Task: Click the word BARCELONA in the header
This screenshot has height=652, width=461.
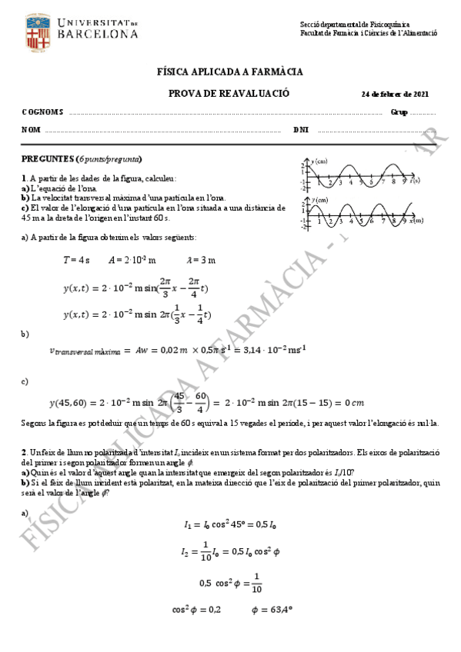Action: point(97,35)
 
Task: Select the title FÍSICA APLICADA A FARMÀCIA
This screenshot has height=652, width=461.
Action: point(229,72)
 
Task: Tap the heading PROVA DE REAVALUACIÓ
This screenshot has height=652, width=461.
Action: point(229,93)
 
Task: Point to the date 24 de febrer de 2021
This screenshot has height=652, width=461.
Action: point(395,95)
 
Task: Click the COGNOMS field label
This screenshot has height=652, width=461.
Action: point(42,112)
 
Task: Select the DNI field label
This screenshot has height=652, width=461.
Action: point(301,130)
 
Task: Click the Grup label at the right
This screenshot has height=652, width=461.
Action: point(399,112)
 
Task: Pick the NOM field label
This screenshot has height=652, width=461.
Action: point(31,130)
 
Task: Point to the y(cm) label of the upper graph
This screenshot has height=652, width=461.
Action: point(319,161)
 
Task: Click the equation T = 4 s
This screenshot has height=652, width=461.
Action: point(76,260)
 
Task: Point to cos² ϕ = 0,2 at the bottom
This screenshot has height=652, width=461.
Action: point(196,610)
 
